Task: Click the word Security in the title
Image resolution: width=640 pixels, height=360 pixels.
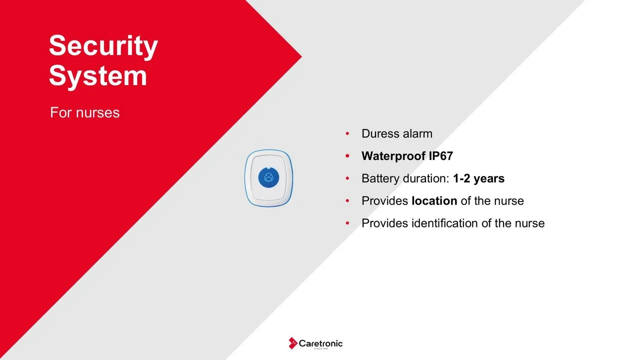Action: coord(103,46)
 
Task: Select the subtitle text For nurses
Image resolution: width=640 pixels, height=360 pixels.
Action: coord(85,112)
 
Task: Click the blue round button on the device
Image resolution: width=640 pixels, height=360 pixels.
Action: coord(268,177)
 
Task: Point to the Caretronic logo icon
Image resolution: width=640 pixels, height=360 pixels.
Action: coord(293,343)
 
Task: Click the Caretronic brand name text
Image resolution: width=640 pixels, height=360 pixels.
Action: coord(320,343)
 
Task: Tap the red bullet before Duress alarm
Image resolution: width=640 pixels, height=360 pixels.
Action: coord(347,133)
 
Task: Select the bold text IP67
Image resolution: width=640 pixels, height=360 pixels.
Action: coord(441,156)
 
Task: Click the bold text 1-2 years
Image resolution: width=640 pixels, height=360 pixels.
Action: coord(479,178)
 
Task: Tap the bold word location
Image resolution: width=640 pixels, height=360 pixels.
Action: coord(434,201)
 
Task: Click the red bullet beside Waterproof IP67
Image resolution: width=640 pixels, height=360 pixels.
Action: coord(347,156)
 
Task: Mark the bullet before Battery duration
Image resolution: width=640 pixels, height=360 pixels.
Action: coord(347,178)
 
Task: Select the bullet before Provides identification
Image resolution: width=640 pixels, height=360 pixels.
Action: coord(347,223)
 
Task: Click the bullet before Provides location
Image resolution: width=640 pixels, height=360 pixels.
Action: coord(347,201)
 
